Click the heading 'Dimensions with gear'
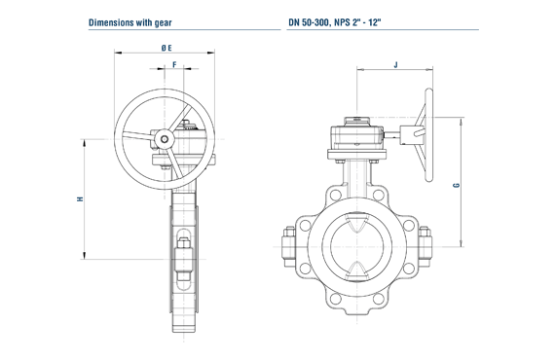[129, 22]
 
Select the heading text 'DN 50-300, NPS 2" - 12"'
[335, 22]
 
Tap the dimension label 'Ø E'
[166, 48]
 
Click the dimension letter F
[174, 65]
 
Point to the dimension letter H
[81, 198]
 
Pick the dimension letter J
[395, 65]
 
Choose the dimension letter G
[457, 185]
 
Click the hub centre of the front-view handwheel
[165, 139]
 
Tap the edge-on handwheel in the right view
[428, 135]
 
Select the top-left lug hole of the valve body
[335, 195]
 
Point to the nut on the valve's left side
[289, 246]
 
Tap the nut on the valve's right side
[425, 246]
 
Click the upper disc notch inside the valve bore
[356, 223]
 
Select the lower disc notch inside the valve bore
[356, 270]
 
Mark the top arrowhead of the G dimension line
[461, 121]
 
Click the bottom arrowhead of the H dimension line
[85, 255]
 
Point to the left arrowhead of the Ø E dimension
[118, 54]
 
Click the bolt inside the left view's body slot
[184, 259]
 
